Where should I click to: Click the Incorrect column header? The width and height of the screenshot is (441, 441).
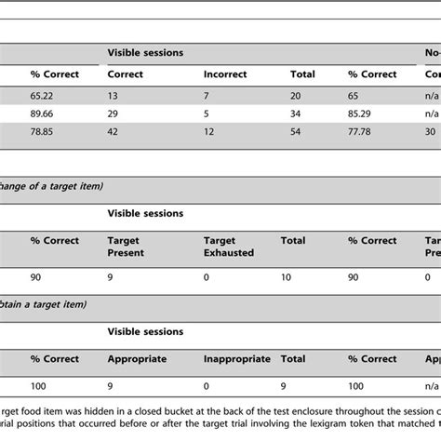(228, 73)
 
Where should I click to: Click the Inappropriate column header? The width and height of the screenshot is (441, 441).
(236, 358)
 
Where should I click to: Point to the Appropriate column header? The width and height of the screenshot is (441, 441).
(137, 358)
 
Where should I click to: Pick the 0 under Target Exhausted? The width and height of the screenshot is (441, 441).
(207, 275)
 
